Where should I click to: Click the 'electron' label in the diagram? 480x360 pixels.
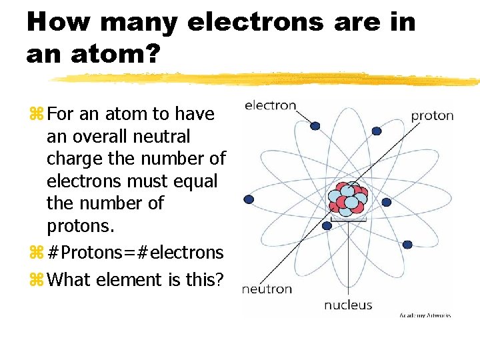pos(270,105)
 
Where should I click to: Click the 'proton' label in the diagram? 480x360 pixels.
pos(432,115)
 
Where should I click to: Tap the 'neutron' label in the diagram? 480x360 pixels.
pos(267,289)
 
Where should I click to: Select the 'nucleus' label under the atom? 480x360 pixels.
pos(348,305)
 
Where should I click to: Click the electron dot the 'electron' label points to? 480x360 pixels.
pos(315,125)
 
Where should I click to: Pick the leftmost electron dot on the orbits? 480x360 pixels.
pos(249,199)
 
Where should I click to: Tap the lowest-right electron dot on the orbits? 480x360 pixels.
pos(407,245)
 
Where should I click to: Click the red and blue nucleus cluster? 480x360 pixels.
pos(347,198)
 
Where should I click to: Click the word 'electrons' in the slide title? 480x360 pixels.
pos(273,22)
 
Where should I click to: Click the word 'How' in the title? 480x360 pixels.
pos(59,22)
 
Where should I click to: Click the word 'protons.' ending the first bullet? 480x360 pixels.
pos(81,226)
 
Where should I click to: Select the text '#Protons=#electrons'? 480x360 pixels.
pos(136,252)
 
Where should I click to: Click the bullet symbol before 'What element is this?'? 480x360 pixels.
pos(36,280)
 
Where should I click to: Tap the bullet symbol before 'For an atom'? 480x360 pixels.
pos(36,115)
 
